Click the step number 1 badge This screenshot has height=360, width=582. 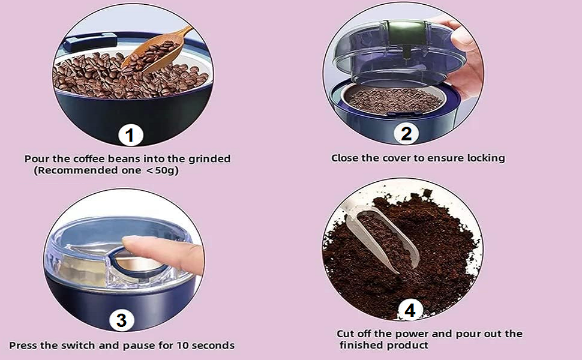pyautogui.click(x=130, y=136)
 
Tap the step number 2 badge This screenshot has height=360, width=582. pyautogui.click(x=406, y=134)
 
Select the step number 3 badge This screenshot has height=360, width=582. pyautogui.click(x=121, y=320)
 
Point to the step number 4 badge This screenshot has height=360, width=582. pyautogui.click(x=410, y=310)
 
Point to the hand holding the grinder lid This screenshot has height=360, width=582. pyautogui.click(x=465, y=54)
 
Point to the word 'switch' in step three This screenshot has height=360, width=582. pyautogui.click(x=88, y=346)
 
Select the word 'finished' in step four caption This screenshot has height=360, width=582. pyautogui.click(x=361, y=346)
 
